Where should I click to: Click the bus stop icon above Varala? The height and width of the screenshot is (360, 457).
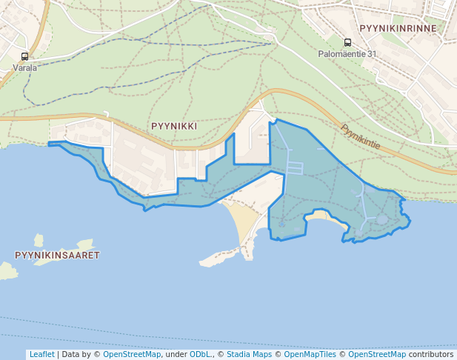coord(24,56)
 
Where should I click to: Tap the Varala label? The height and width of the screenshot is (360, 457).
coord(24,67)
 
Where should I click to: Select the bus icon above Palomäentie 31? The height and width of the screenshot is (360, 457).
coord(347,43)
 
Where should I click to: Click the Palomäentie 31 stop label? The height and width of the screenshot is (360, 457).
coord(347,54)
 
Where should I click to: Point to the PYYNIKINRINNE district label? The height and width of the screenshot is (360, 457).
coord(398,28)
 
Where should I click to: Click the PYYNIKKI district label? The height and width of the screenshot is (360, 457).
coord(173,126)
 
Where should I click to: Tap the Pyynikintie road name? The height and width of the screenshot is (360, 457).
coord(361,136)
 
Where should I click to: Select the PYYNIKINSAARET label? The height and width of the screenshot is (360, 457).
coord(57,255)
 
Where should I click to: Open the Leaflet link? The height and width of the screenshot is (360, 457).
coord(41,354)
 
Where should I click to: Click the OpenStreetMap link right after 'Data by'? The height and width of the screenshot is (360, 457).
coord(131,354)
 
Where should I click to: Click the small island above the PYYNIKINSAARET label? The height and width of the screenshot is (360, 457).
coord(39,240)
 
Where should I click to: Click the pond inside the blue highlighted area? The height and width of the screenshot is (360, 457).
coord(381,219)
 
